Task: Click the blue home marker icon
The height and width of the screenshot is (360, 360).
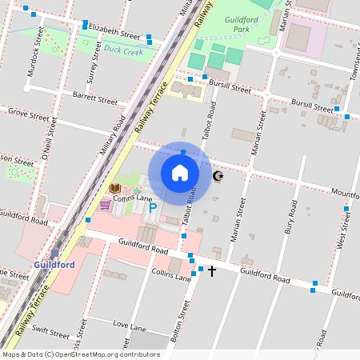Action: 180,173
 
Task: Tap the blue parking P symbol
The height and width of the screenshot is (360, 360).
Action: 152,208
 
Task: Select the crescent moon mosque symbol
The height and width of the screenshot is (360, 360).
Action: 218,176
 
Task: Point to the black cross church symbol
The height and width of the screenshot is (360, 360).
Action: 212,271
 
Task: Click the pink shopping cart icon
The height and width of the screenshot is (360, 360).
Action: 105,205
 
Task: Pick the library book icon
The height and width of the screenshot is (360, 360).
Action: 114,189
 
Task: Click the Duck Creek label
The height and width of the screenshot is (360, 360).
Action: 123,51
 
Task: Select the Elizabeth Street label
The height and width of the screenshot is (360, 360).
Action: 114,31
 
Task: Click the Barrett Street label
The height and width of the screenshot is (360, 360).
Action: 94,99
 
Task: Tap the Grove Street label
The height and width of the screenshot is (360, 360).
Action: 24,114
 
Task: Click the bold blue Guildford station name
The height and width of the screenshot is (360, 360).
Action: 54,264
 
